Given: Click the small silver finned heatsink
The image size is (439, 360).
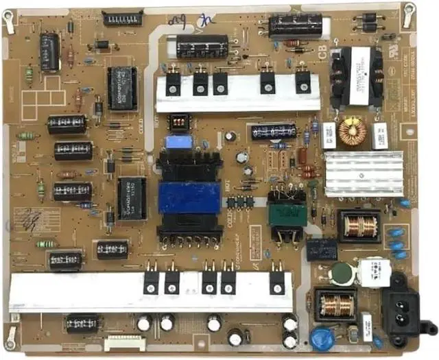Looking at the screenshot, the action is tap(363, 173).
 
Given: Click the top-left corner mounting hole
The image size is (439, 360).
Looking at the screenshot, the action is tap(9, 21).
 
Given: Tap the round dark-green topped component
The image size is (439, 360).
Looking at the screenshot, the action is tap(340, 274).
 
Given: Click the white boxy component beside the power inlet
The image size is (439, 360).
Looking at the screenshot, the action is tap(373, 268).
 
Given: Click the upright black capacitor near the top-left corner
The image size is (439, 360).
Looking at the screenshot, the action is tap(49, 52).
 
